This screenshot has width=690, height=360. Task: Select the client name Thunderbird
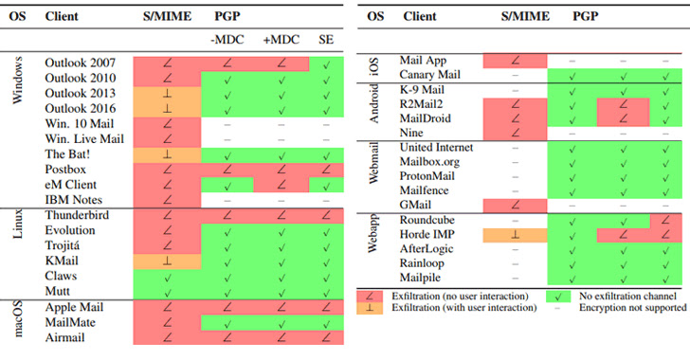click(x=76, y=215)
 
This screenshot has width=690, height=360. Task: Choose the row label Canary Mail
click(x=431, y=74)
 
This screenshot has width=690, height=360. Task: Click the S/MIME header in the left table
click(x=165, y=16)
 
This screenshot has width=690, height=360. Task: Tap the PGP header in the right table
click(x=586, y=16)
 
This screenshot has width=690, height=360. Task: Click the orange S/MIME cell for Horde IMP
click(x=514, y=233)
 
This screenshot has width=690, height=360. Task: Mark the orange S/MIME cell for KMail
click(x=165, y=261)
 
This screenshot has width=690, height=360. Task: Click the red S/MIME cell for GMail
click(x=514, y=204)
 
